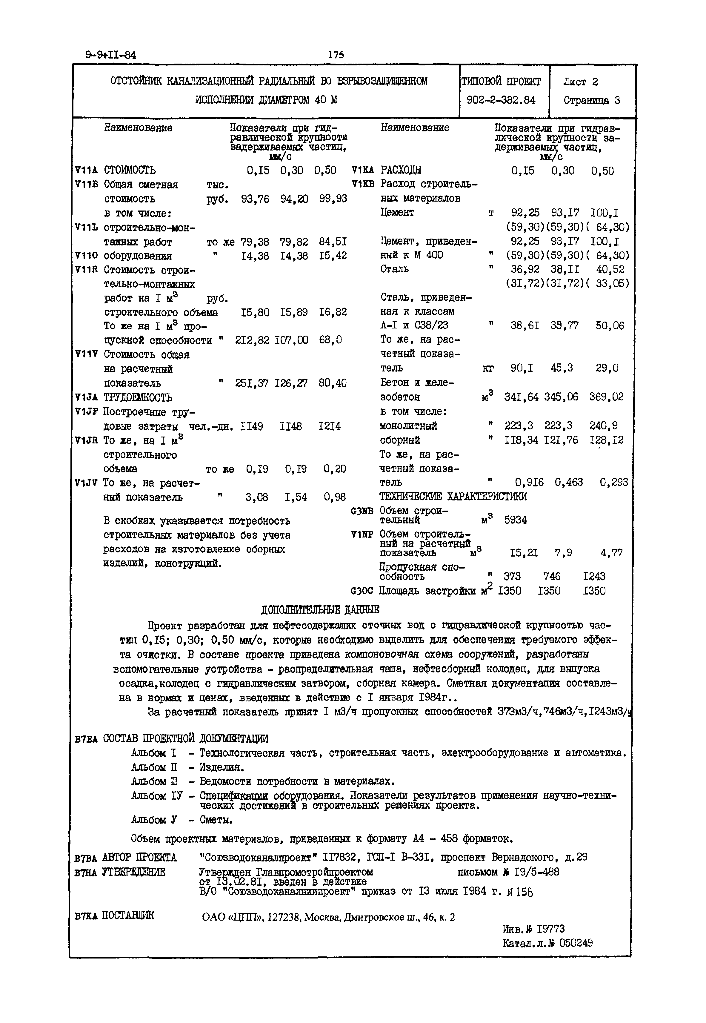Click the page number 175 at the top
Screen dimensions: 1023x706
[336, 55]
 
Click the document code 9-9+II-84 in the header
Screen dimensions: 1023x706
[110, 55]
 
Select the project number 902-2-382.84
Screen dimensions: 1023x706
[501, 100]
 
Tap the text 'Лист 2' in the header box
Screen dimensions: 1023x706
[580, 82]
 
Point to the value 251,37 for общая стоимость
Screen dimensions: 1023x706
[252, 383]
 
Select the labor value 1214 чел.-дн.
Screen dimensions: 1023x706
[330, 426]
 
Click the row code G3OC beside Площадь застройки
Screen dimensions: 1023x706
[362, 591]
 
